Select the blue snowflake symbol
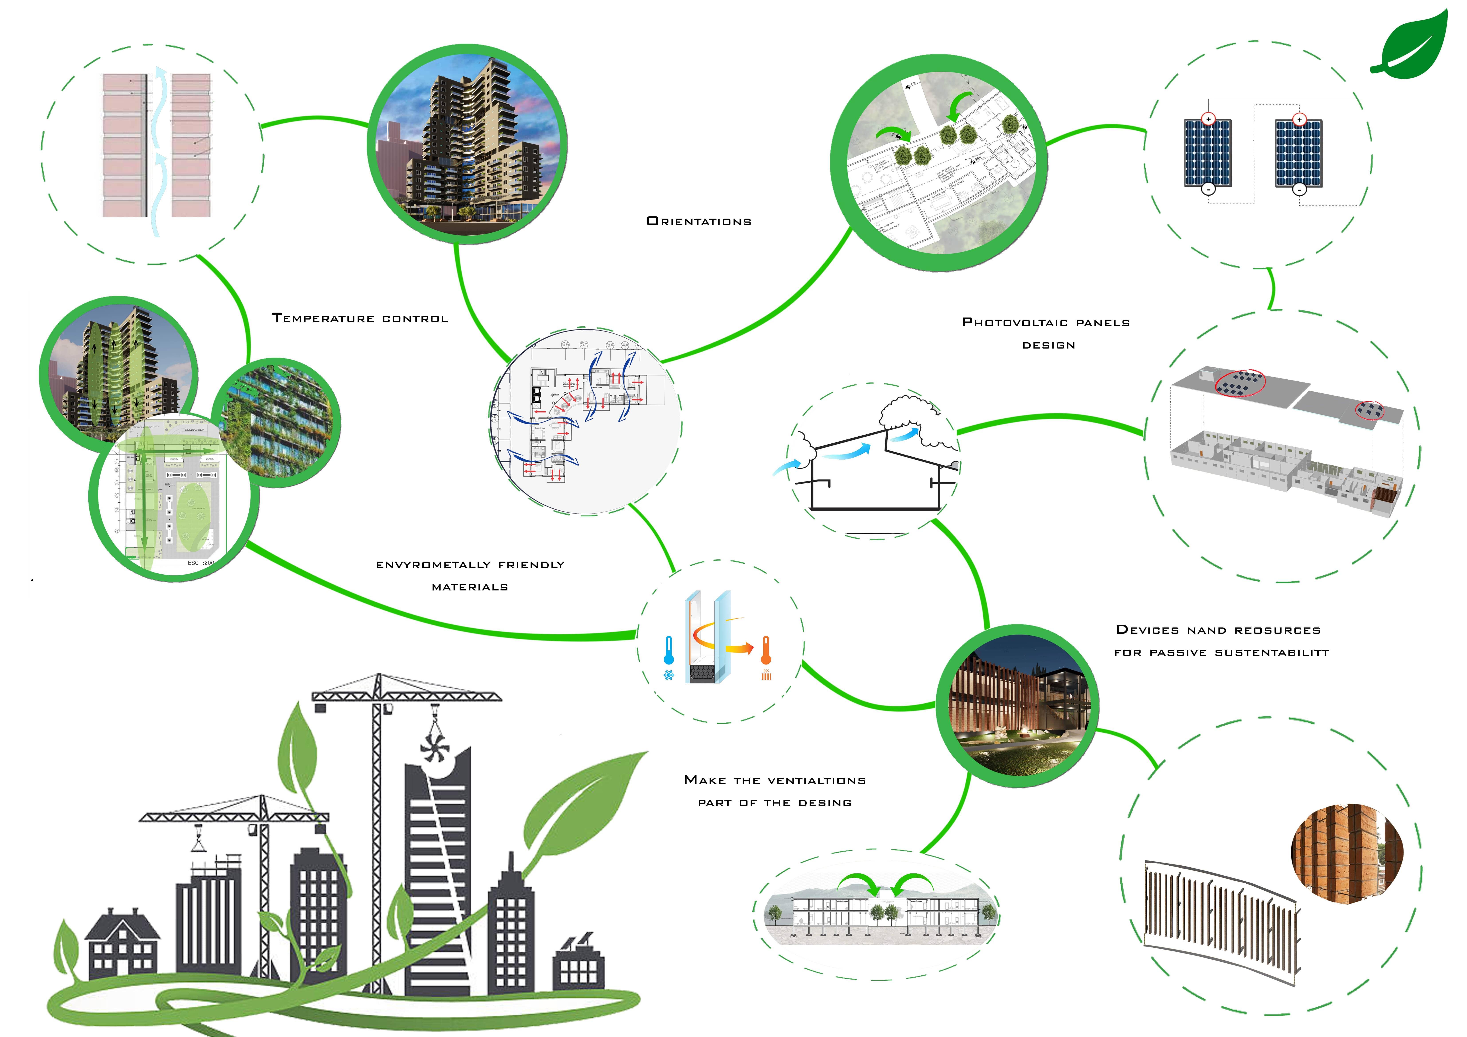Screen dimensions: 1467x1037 coord(668,675)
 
